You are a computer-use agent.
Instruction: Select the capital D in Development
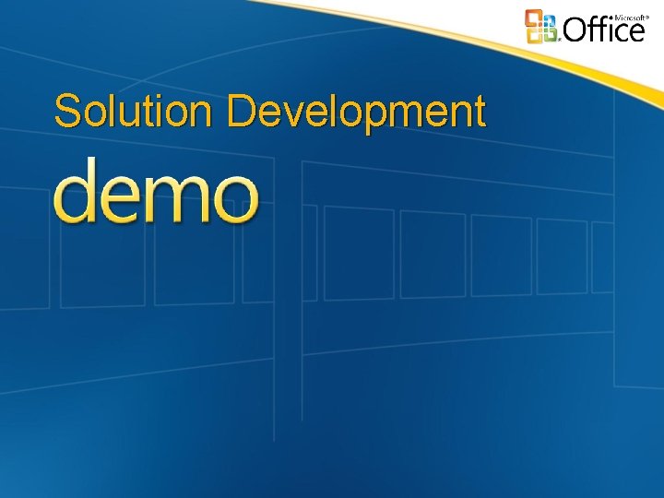coord(239,112)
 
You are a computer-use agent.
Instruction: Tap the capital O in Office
coord(575,30)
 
